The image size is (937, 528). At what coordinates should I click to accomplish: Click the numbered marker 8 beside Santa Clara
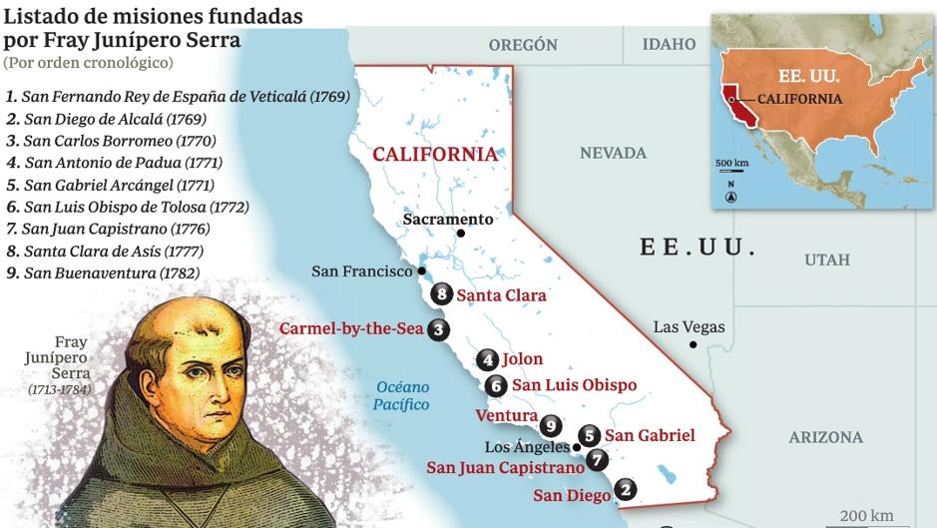[x=443, y=294]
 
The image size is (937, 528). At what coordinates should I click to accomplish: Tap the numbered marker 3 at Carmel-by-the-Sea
[x=437, y=329]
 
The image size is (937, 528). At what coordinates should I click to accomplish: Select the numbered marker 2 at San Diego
[x=625, y=489]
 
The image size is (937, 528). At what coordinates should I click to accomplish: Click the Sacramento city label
[x=448, y=219]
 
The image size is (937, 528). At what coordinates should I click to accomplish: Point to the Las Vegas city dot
[x=692, y=345]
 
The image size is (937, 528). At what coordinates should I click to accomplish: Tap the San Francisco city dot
[x=422, y=270]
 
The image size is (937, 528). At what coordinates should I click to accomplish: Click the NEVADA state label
[x=613, y=153]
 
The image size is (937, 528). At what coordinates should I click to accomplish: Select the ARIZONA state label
[x=825, y=437]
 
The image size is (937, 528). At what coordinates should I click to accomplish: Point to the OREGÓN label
[x=522, y=45]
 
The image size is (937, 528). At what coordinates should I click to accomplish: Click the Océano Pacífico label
[x=401, y=395]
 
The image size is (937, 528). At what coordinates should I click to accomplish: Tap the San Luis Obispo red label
[x=574, y=385]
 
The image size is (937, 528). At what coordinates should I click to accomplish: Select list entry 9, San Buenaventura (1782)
[x=104, y=272]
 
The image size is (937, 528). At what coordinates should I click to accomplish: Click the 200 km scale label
[x=865, y=515]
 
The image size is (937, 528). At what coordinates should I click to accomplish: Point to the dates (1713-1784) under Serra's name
[x=60, y=389]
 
